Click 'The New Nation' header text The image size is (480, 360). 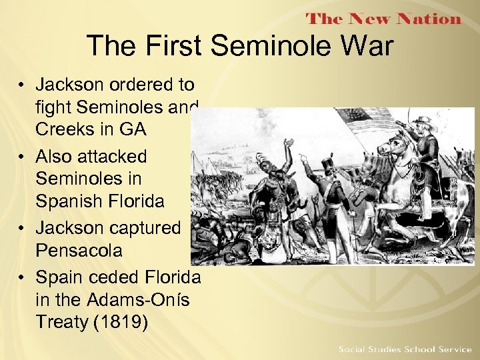tap(383, 19)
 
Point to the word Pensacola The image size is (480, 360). tap(79, 251)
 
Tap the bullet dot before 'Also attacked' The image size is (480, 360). tap(22, 157)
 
